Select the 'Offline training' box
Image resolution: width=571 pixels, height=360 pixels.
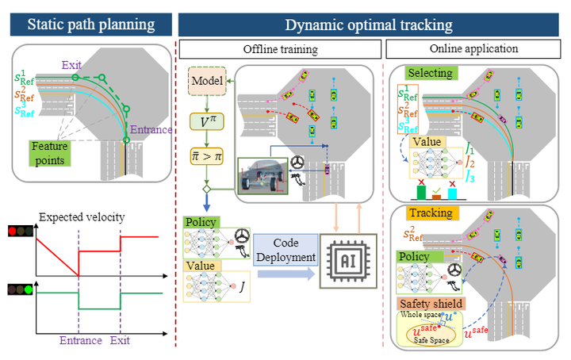tap(281, 49)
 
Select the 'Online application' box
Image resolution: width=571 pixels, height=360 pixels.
tap(473, 49)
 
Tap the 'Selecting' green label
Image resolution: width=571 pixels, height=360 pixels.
tap(430, 73)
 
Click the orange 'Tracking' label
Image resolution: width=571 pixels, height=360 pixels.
tap(431, 213)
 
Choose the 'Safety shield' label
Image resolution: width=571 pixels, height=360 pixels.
tap(433, 303)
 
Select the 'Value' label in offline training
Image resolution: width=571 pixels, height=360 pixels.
tap(201, 265)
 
